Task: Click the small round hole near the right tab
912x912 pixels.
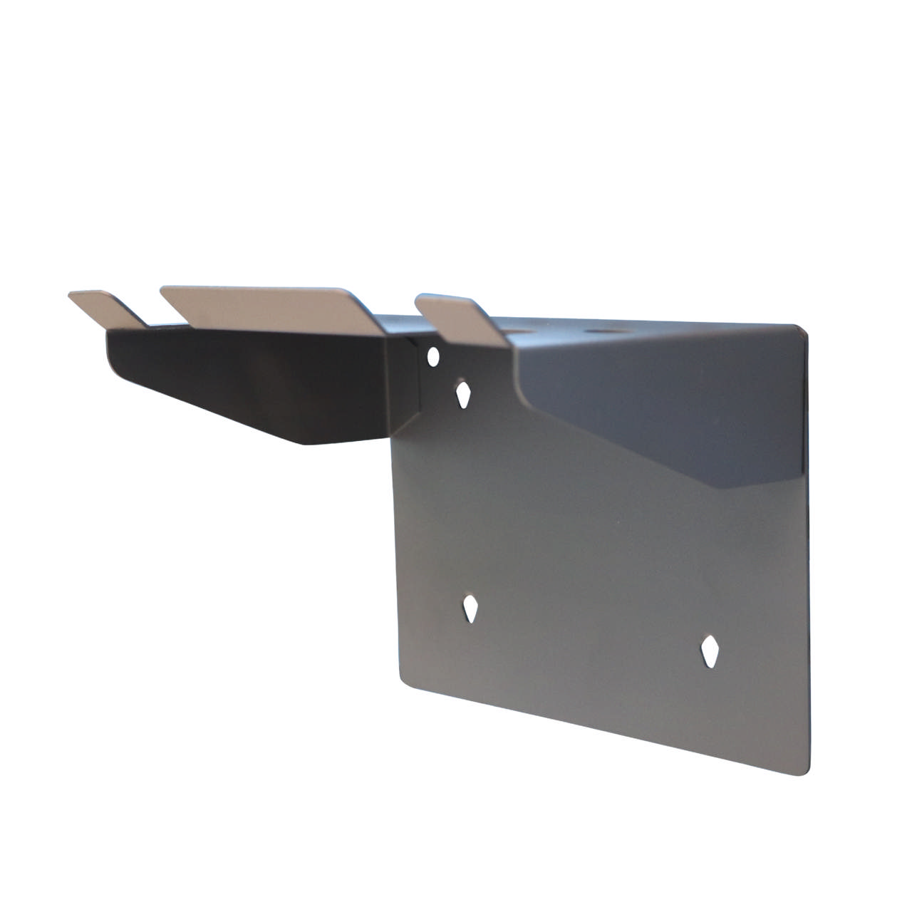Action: [432, 356]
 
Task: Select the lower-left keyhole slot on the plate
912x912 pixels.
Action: [470, 609]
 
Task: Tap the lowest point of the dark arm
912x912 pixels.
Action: [306, 444]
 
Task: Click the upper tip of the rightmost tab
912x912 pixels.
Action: [420, 298]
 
